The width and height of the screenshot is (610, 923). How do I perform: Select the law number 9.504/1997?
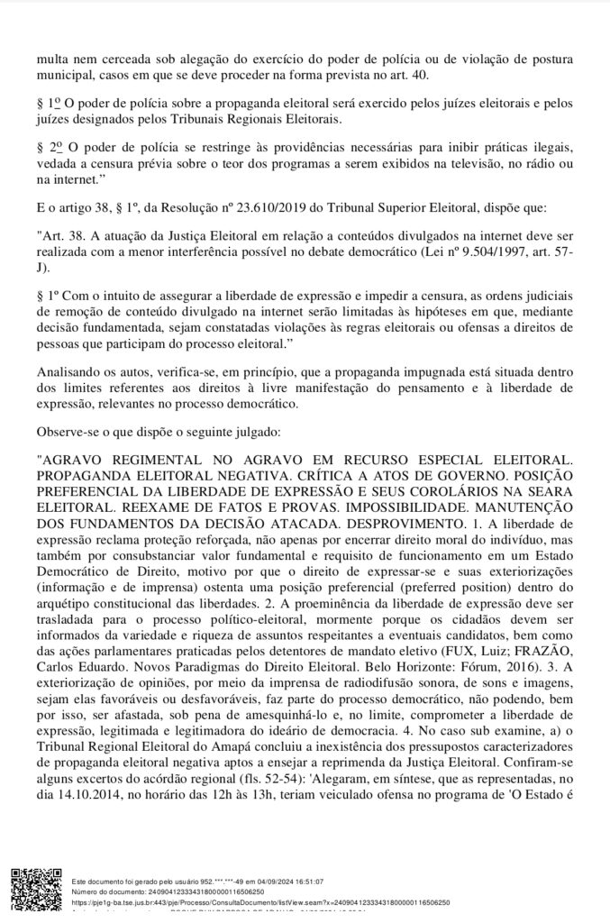tap(469, 252)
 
